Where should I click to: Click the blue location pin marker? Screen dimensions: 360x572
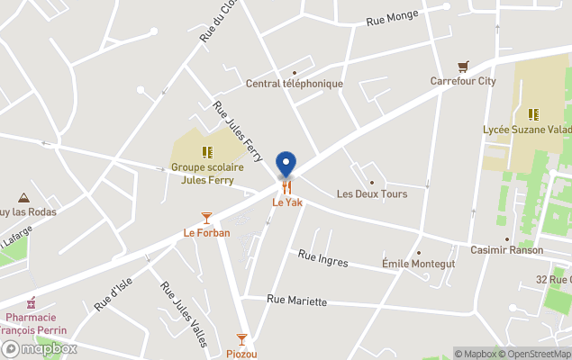point(286,164)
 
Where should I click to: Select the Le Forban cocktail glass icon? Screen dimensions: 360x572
point(207,218)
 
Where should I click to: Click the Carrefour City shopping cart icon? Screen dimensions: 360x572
point(463,66)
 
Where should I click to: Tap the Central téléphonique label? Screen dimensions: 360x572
point(295,84)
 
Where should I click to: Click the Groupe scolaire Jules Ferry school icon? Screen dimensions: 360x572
point(207,152)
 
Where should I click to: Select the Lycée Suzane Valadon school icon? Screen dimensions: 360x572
point(533,114)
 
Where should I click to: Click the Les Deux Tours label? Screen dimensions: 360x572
point(372,193)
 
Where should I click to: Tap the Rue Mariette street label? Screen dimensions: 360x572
point(297,301)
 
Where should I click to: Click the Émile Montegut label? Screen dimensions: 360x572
point(418,264)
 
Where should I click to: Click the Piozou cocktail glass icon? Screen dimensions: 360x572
point(241,339)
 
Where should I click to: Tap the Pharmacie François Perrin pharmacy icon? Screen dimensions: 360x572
point(32,301)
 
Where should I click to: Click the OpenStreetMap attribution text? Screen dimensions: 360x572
point(535,354)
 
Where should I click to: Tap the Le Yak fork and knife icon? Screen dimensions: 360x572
point(286,187)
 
